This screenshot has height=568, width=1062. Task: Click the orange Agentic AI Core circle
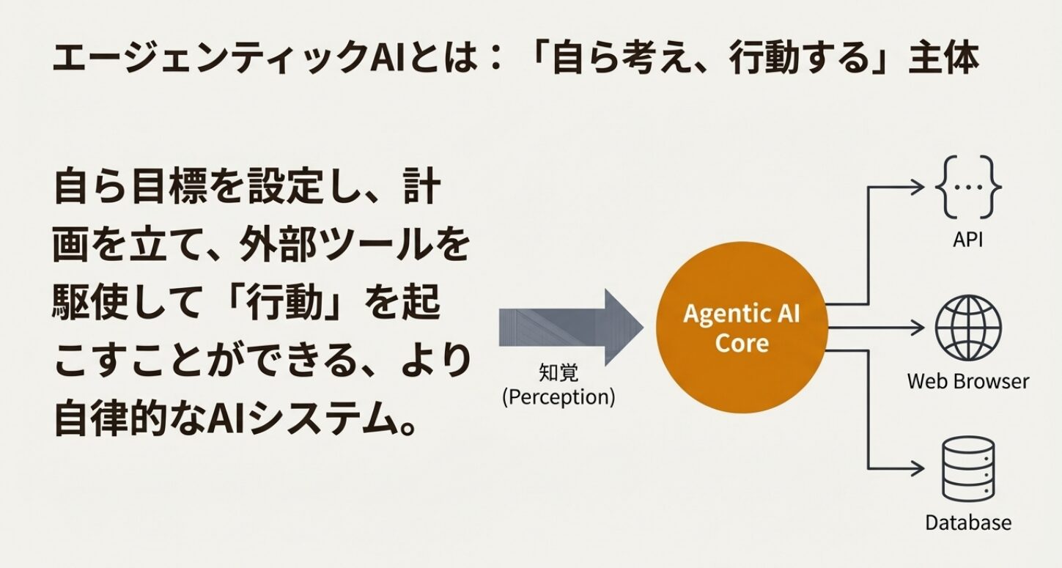742,328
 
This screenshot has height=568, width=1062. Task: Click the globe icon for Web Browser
967,328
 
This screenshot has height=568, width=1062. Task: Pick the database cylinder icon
967,468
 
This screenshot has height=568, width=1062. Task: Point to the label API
967,240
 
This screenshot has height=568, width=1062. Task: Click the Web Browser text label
967,381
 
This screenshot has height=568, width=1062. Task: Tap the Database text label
967,523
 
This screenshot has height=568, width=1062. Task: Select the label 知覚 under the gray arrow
558,374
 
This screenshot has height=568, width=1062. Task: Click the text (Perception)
558,397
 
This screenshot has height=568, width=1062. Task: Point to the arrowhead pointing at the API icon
917,186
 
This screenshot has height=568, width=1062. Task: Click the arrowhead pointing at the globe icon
917,327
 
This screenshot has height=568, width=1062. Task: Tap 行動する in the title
793,59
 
